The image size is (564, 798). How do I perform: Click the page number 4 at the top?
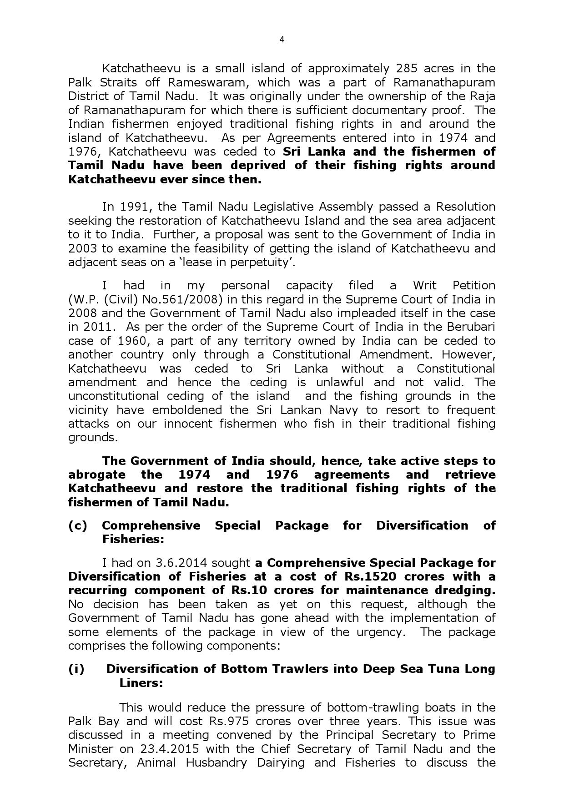pyautogui.click(x=282, y=40)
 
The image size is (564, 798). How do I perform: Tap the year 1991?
pyautogui.click(x=134, y=207)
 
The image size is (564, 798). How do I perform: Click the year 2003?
pyautogui.click(x=82, y=248)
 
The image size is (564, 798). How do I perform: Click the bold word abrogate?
pyautogui.click(x=97, y=475)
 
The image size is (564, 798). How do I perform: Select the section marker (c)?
pyautogui.click(x=77, y=525)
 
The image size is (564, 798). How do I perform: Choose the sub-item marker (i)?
pyautogui.click(x=76, y=669)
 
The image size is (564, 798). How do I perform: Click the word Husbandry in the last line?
pyautogui.click(x=216, y=763)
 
